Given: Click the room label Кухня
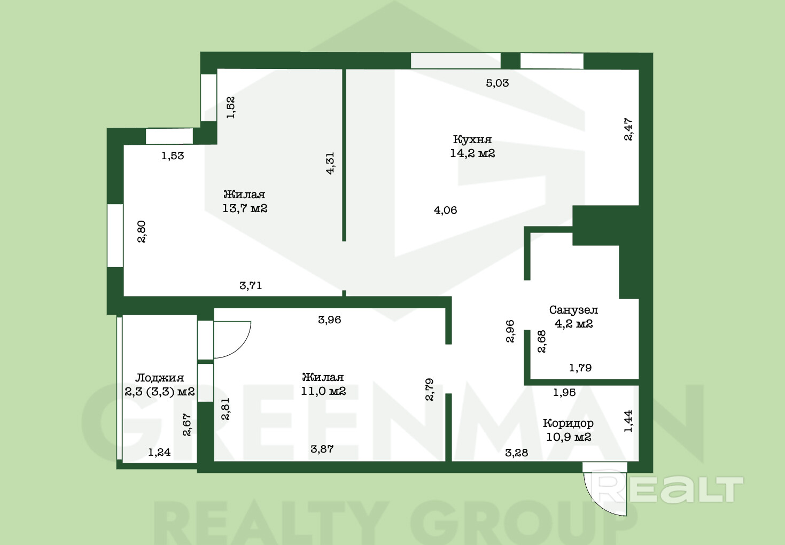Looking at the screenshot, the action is click(x=472, y=139).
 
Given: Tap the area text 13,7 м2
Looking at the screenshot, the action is click(x=245, y=208).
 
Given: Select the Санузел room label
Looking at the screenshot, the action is click(x=573, y=310).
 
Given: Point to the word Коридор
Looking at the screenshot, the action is click(x=568, y=423).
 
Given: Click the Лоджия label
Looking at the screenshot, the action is click(x=159, y=378).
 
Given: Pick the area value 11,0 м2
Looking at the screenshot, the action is click(x=323, y=391).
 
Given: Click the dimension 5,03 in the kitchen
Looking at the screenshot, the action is click(x=497, y=83).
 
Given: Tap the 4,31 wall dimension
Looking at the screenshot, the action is click(x=330, y=163).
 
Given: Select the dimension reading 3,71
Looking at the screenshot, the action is click(x=251, y=286).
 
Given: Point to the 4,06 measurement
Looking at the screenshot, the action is click(x=446, y=211).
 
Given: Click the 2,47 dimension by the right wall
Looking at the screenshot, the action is click(x=628, y=129).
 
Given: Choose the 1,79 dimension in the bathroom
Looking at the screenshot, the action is click(x=580, y=368).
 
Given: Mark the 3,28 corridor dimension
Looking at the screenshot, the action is click(x=516, y=453).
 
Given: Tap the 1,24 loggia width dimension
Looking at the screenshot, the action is click(x=159, y=452).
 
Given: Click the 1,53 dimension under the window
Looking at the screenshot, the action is click(x=173, y=155).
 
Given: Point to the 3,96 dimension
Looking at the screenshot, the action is click(x=329, y=320).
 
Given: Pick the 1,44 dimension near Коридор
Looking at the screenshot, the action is click(x=628, y=421).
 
